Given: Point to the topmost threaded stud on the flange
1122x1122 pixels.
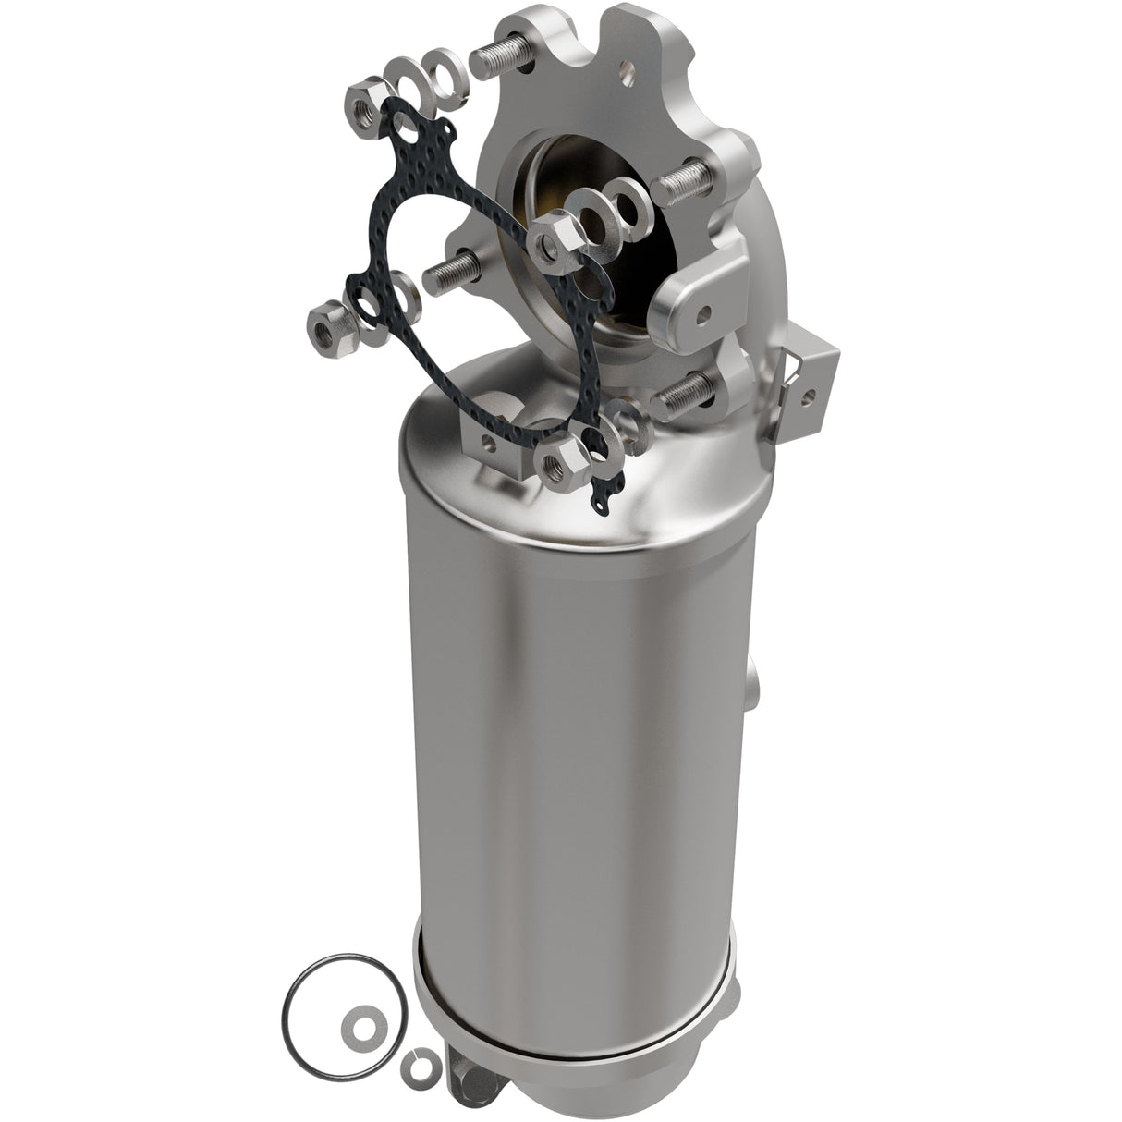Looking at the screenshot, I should [x=501, y=58].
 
